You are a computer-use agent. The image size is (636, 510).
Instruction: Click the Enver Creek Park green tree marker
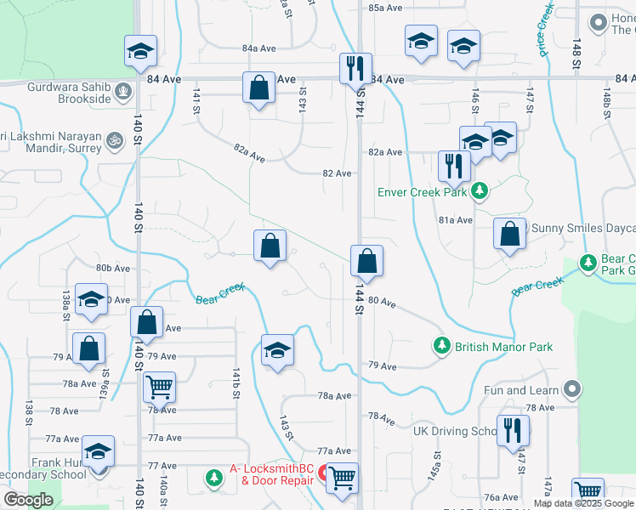(480, 191)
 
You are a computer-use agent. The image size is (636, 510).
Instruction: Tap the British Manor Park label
(503, 347)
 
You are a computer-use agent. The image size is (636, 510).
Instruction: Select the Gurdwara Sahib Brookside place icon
(125, 88)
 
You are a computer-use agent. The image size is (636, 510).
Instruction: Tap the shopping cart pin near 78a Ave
(159, 387)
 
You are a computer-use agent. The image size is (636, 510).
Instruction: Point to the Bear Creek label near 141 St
(220, 294)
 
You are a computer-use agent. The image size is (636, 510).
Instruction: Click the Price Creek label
(545, 29)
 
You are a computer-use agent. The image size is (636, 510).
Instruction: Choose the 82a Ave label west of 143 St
(252, 154)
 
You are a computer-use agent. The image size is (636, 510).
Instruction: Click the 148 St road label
(576, 53)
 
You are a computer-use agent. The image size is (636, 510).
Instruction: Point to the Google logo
(29, 500)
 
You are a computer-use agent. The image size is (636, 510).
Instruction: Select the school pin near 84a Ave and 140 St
(140, 51)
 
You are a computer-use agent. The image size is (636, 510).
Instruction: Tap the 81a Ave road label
(456, 220)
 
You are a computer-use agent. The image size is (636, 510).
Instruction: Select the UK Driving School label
(455, 431)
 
